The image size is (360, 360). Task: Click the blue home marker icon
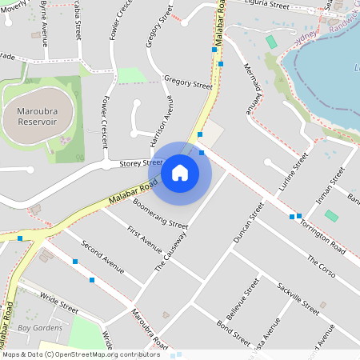pos(180,172)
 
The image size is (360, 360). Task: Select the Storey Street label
pos(141,162)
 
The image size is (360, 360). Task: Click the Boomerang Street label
pos(160,214)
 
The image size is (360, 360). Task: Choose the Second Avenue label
pos(102,256)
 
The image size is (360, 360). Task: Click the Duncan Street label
pos(247,222)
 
